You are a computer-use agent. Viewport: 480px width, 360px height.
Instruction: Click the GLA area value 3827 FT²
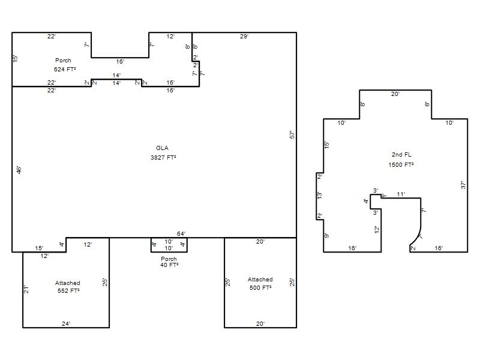point(163,158)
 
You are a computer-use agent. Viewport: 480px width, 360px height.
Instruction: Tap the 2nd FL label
point(401,155)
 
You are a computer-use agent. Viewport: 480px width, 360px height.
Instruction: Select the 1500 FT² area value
point(401,164)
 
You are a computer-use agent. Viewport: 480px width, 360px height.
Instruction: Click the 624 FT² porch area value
point(65,70)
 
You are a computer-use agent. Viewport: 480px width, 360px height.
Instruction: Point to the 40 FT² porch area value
point(169,265)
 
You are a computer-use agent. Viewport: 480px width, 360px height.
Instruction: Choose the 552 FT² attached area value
point(68,291)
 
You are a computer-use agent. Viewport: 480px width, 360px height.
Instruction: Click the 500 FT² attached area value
point(260,288)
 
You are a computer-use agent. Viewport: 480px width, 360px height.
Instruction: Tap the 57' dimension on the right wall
point(292,134)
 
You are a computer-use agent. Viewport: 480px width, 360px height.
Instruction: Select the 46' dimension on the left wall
point(19,170)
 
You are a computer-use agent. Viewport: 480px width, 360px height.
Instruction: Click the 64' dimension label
point(181,233)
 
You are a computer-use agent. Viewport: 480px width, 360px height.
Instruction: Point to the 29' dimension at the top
point(244,37)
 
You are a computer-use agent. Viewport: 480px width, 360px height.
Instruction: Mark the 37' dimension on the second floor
point(463,185)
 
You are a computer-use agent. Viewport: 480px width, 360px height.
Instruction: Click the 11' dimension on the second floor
point(401,194)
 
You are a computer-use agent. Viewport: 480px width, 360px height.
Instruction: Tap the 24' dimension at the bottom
point(66,323)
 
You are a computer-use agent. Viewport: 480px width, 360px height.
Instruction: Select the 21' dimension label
point(26,289)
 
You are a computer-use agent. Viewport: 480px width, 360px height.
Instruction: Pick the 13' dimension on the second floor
point(319,196)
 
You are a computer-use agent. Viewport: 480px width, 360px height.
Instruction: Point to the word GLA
point(162,148)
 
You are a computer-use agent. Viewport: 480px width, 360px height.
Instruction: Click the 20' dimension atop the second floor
point(395,94)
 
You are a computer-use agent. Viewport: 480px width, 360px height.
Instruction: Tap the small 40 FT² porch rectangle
point(169,252)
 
